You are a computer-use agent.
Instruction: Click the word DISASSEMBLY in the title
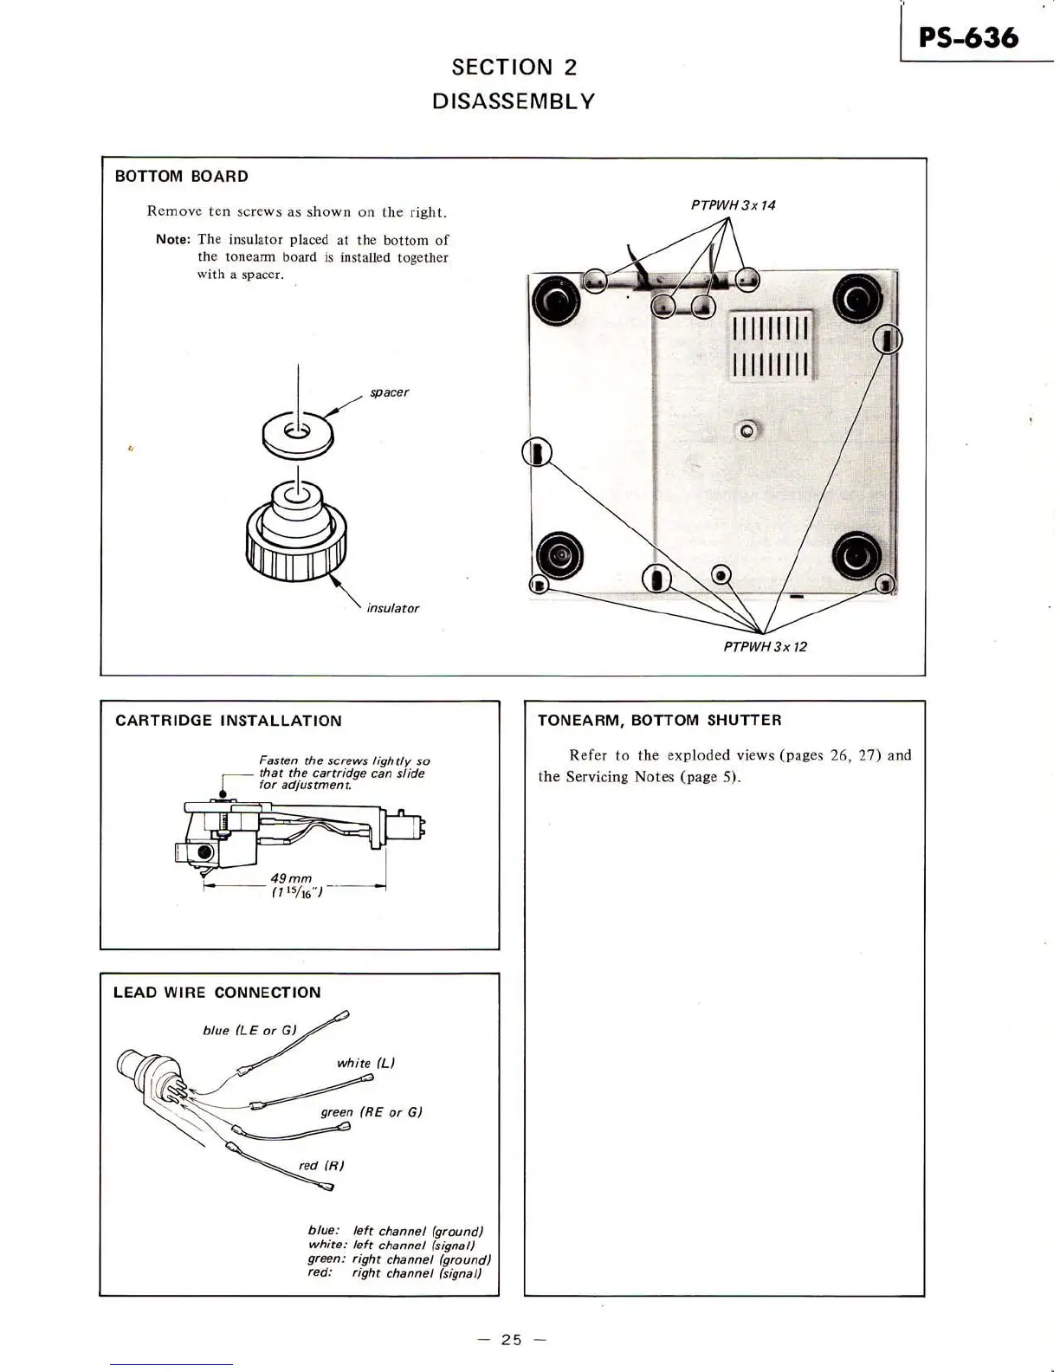514,101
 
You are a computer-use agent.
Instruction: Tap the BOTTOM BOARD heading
182,177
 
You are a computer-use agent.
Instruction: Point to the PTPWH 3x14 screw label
733,205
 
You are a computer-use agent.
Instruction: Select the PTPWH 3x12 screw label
765,647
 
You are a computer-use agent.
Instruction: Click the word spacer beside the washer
389,392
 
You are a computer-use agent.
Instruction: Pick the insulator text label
392,608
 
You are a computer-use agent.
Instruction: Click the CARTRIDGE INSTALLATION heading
229,721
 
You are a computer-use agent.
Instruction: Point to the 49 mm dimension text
290,879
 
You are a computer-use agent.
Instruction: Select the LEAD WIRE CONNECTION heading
217,993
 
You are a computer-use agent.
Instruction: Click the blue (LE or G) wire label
249,1030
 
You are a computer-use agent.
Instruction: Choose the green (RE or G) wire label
371,1112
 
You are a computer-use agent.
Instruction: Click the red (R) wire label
321,1165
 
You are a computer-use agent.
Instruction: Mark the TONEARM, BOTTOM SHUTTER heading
659,721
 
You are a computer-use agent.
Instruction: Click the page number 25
512,1340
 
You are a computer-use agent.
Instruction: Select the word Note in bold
175,239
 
